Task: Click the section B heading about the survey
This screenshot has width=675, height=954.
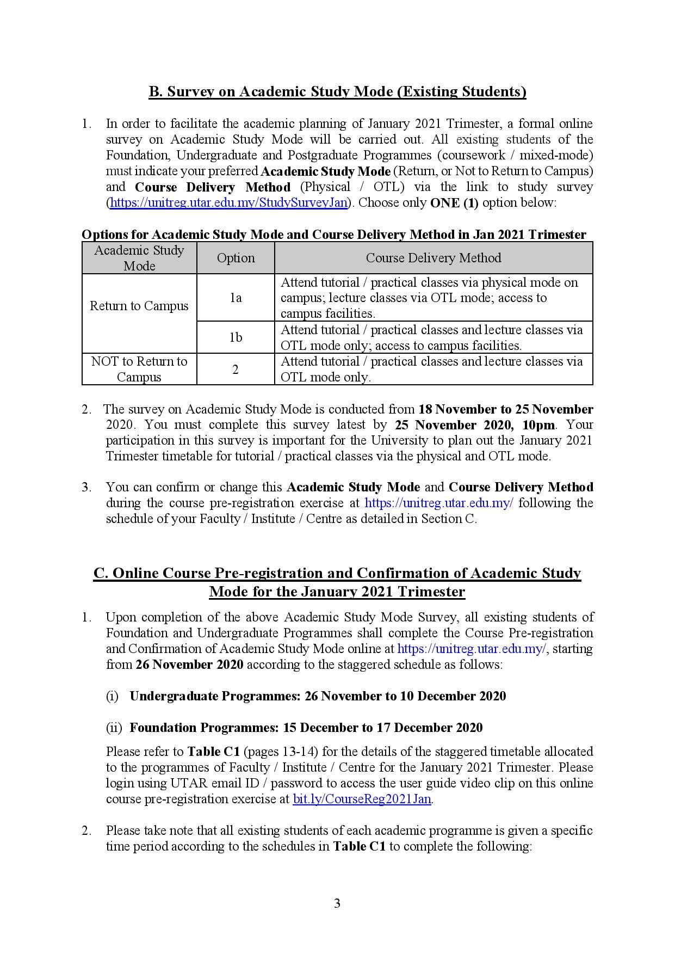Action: click(337, 91)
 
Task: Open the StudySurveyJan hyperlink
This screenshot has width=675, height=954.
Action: click(228, 203)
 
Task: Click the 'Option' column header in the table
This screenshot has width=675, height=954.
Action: click(236, 258)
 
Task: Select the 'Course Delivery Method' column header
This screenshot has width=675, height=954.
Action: click(433, 258)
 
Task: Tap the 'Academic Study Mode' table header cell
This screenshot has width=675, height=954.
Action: click(139, 258)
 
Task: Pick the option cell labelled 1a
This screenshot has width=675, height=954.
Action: click(236, 298)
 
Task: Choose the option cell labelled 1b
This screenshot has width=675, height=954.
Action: click(236, 337)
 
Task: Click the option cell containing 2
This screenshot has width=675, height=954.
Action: click(236, 370)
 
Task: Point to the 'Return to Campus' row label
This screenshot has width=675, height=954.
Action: click(139, 306)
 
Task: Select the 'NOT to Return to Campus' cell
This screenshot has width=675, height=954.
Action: click(139, 370)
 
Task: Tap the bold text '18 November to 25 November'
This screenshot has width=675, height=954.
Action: click(505, 409)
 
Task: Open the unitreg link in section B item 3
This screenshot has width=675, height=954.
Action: click(438, 503)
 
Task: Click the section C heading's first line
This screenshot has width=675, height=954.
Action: click(337, 574)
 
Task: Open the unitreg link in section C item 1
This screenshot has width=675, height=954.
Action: click(472, 649)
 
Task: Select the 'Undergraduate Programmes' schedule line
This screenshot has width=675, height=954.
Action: click(318, 696)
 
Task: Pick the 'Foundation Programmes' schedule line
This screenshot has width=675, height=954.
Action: click(306, 728)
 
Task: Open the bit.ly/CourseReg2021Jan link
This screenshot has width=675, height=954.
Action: click(362, 799)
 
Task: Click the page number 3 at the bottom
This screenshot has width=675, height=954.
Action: click(337, 904)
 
